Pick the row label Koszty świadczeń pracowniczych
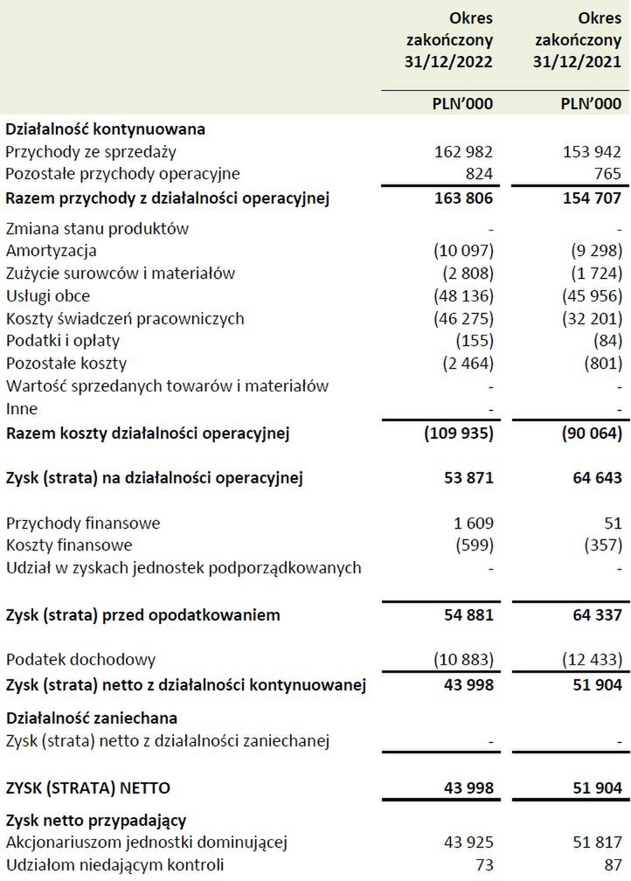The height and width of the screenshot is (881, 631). point(125,318)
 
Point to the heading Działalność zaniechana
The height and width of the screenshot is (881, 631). point(92,718)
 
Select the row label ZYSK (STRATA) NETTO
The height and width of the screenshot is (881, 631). point(88,787)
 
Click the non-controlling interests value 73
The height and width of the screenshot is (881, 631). point(483,865)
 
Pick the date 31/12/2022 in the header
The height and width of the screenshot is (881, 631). point(449,62)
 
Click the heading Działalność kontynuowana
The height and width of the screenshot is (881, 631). point(105,129)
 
